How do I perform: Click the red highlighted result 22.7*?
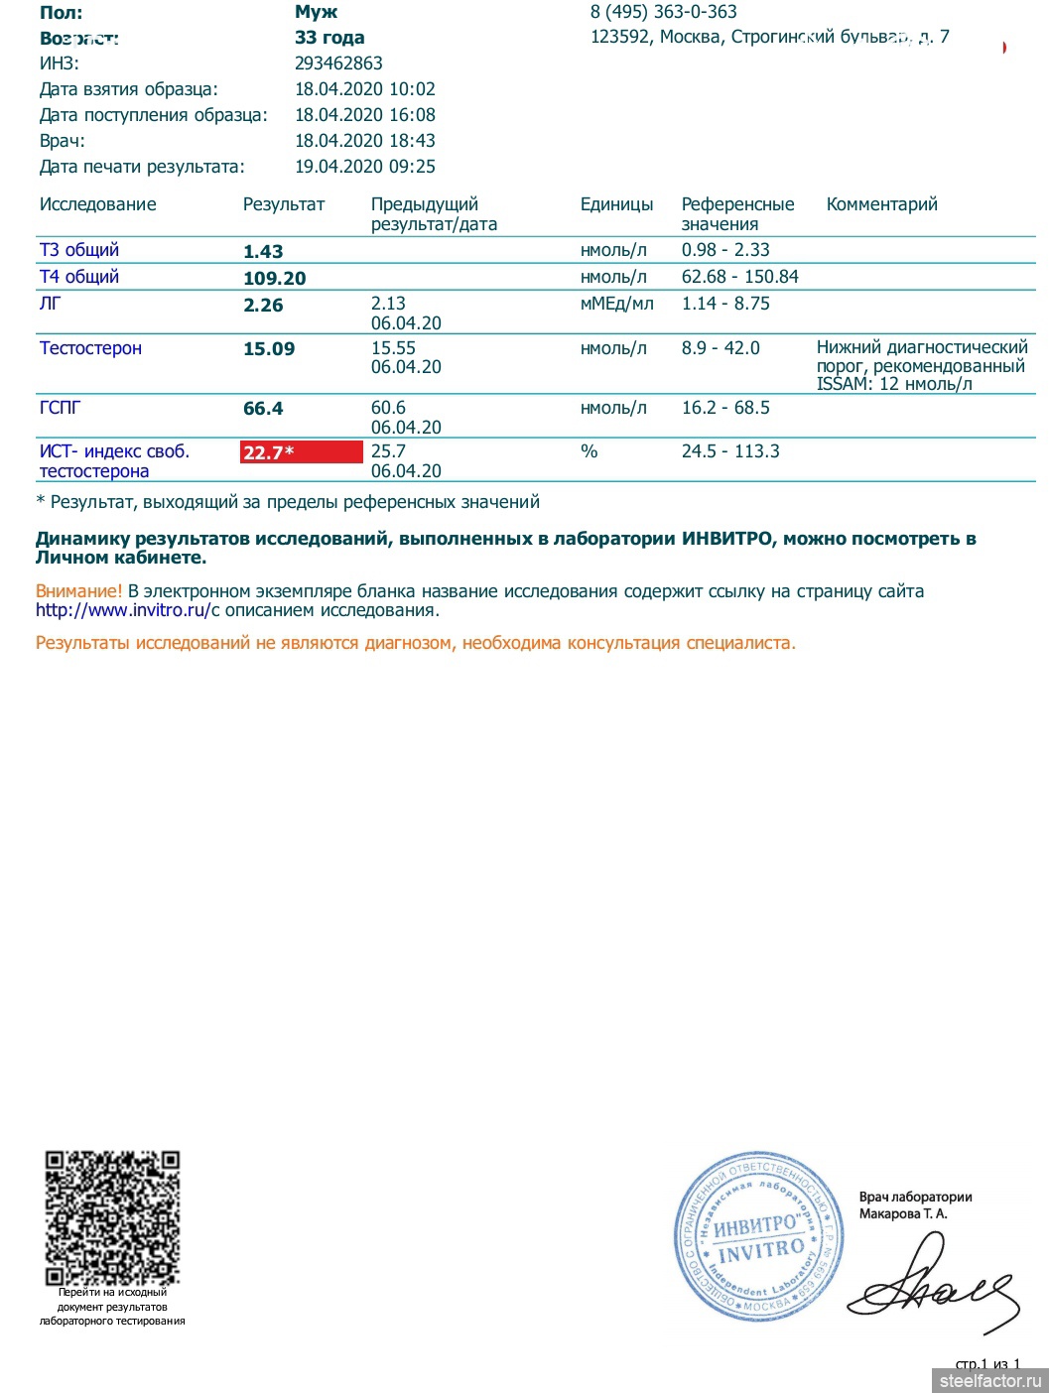click(301, 452)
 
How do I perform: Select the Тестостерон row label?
click(90, 348)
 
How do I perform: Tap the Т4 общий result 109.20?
click(275, 279)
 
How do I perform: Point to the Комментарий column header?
click(881, 204)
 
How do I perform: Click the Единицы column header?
click(616, 204)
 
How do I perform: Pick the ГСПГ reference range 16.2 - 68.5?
click(725, 408)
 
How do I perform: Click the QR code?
click(112, 1217)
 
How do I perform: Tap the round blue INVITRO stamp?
click(759, 1236)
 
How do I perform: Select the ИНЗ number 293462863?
click(338, 63)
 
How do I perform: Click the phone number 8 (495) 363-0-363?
click(663, 12)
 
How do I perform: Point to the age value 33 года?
click(329, 38)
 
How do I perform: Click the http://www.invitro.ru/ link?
click(124, 611)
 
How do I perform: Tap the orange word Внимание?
click(78, 591)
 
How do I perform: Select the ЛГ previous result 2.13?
click(388, 304)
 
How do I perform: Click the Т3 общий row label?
click(79, 250)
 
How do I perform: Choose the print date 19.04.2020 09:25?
click(365, 167)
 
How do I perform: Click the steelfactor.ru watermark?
click(989, 1380)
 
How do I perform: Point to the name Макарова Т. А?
click(903, 1213)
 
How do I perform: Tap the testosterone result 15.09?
click(269, 349)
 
